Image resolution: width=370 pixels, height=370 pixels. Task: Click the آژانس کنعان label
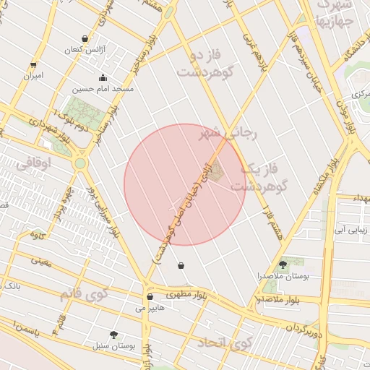(x=85, y=49)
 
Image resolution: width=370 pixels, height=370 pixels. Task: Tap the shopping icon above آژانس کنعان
(x=85, y=39)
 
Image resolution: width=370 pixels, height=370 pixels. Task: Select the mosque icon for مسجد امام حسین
(x=103, y=78)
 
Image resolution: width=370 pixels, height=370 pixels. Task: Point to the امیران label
(x=33, y=74)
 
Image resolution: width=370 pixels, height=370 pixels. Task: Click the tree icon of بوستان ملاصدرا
(x=282, y=265)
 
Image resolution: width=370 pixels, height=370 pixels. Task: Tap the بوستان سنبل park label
(x=113, y=345)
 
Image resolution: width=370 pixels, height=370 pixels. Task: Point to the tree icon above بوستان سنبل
(x=113, y=335)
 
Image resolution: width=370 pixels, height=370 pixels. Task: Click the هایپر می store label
(x=150, y=307)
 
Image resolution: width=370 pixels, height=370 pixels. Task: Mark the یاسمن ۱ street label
(x=35, y=330)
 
